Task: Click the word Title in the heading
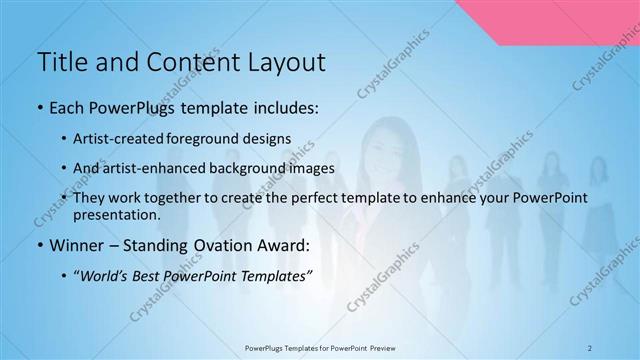(61, 62)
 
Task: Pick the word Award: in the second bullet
(287, 245)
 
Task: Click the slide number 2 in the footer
(589, 347)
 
